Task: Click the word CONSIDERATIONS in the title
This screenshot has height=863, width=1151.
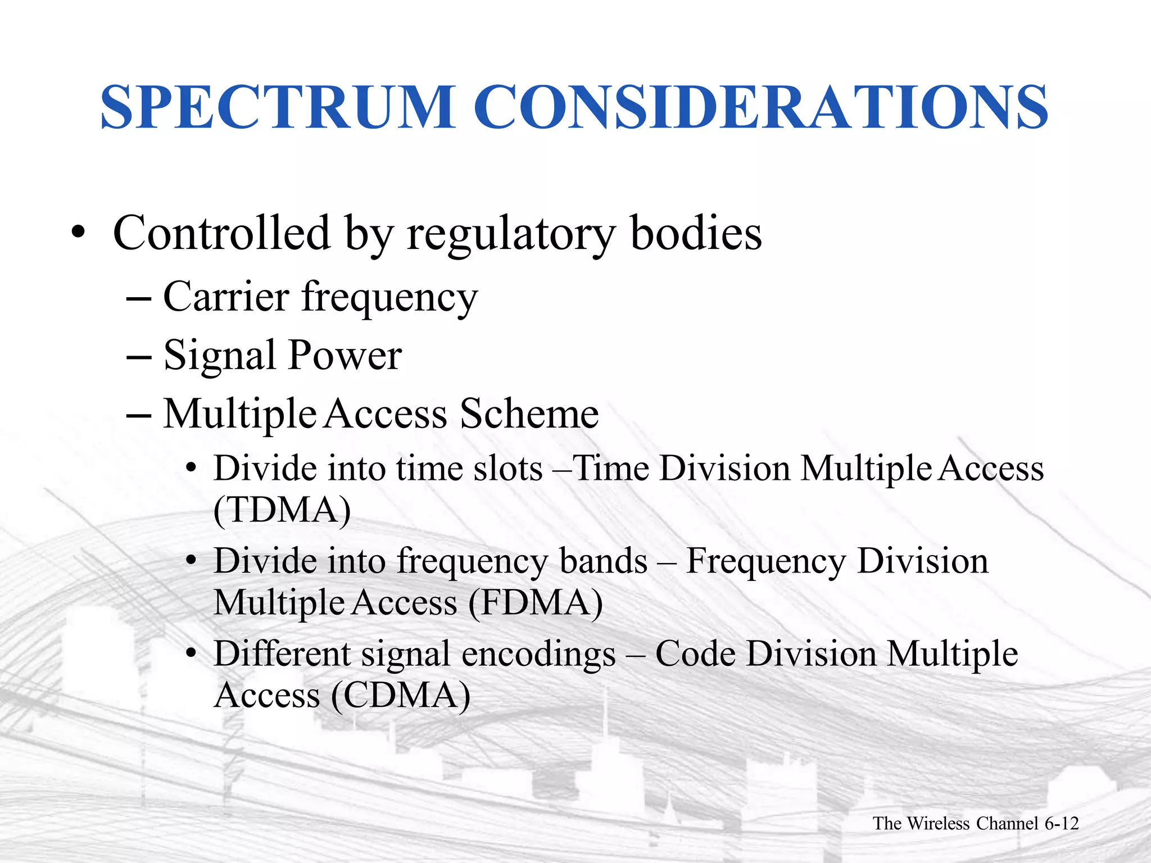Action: [x=761, y=107]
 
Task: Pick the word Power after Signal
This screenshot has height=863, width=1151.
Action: [x=345, y=356]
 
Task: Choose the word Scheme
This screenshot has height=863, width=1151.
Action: [x=529, y=414]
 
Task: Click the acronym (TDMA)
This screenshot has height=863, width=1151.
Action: [x=282, y=510]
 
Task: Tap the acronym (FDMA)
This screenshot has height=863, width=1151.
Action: [x=535, y=603]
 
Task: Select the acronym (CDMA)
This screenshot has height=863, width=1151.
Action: [x=400, y=696]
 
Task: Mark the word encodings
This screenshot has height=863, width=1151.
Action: [x=538, y=655]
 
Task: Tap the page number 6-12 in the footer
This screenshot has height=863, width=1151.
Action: [x=1061, y=824]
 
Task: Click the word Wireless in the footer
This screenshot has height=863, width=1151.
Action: [x=938, y=824]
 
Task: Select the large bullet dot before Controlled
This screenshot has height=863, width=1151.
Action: [x=78, y=233]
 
